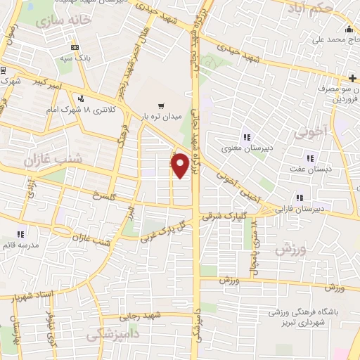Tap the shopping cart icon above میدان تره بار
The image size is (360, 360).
(x=162, y=105)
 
